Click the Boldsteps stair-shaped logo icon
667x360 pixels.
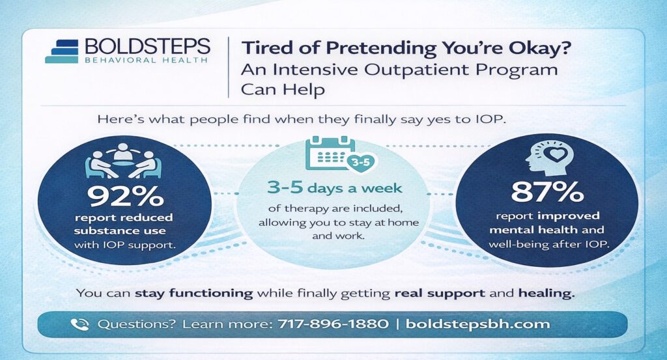(63, 51)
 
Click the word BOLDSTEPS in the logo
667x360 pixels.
(147, 46)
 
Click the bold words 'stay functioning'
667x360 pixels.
(193, 292)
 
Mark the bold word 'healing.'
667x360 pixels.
(546, 292)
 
